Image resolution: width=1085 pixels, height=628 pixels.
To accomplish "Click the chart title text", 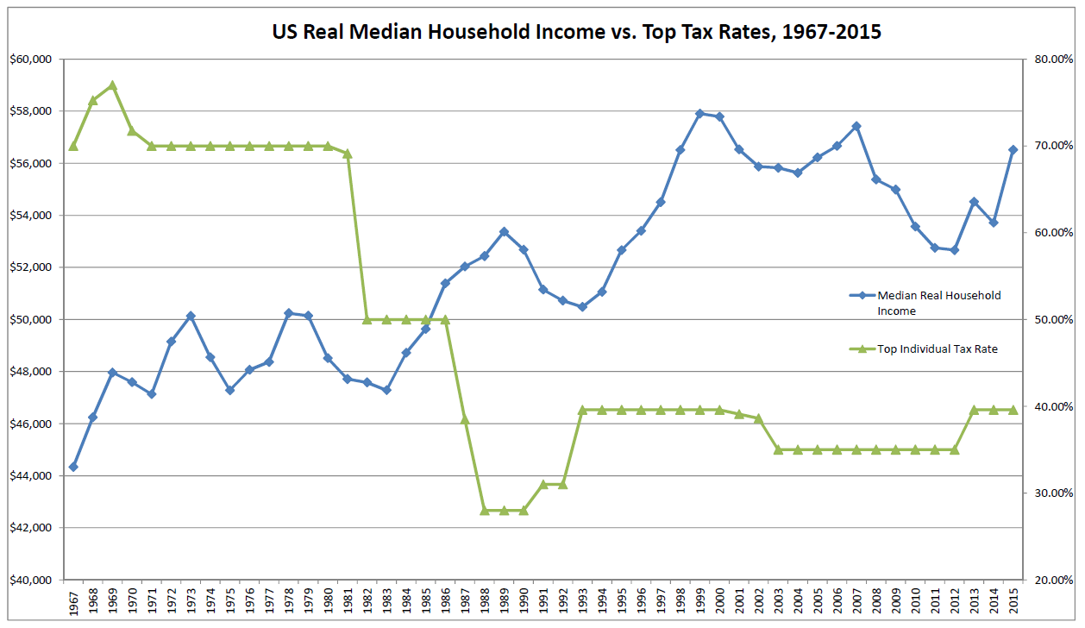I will (x=576, y=32).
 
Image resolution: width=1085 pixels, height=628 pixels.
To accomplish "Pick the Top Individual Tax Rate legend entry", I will (x=938, y=349).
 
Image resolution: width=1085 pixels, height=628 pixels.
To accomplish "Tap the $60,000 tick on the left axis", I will (x=31, y=60).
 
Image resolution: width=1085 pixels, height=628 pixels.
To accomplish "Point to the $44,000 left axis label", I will (x=31, y=475).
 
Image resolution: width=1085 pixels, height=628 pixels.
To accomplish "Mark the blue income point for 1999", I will (x=699, y=113).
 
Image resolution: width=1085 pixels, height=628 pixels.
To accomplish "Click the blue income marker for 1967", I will (x=73, y=467).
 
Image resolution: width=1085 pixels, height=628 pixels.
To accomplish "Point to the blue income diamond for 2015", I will (x=1013, y=149).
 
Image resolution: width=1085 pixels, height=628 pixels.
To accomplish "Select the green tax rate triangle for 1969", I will (x=112, y=85).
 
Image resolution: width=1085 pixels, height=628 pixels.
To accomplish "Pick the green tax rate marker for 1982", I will (x=367, y=319).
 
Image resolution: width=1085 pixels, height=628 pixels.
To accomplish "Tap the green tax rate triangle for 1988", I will (x=485, y=510).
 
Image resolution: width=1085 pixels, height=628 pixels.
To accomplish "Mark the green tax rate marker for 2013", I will (x=974, y=410).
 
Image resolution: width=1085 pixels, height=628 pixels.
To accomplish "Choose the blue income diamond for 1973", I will (x=191, y=316).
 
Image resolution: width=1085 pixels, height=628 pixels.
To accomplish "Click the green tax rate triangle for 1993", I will (x=582, y=410).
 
